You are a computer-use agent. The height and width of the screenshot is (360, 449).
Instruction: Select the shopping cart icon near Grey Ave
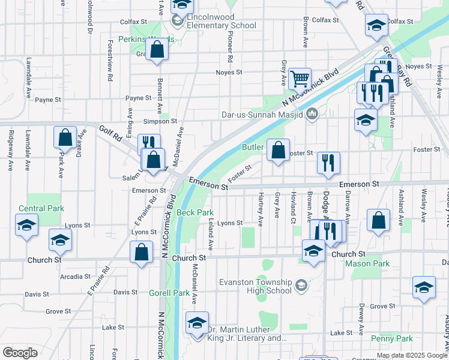pos(299,78)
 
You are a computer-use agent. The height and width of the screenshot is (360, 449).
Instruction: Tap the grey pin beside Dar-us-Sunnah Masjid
pos(312,113)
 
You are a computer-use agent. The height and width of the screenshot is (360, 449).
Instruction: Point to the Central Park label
pos(41,209)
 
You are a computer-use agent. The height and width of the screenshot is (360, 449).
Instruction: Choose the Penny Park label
pos(391,339)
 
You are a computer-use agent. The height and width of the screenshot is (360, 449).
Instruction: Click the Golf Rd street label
pos(110,133)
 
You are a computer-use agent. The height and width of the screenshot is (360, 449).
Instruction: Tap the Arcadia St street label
pos(75,277)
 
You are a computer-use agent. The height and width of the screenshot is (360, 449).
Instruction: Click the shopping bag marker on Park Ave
pos(65,137)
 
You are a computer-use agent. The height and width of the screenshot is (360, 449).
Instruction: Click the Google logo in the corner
pos(20,352)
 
